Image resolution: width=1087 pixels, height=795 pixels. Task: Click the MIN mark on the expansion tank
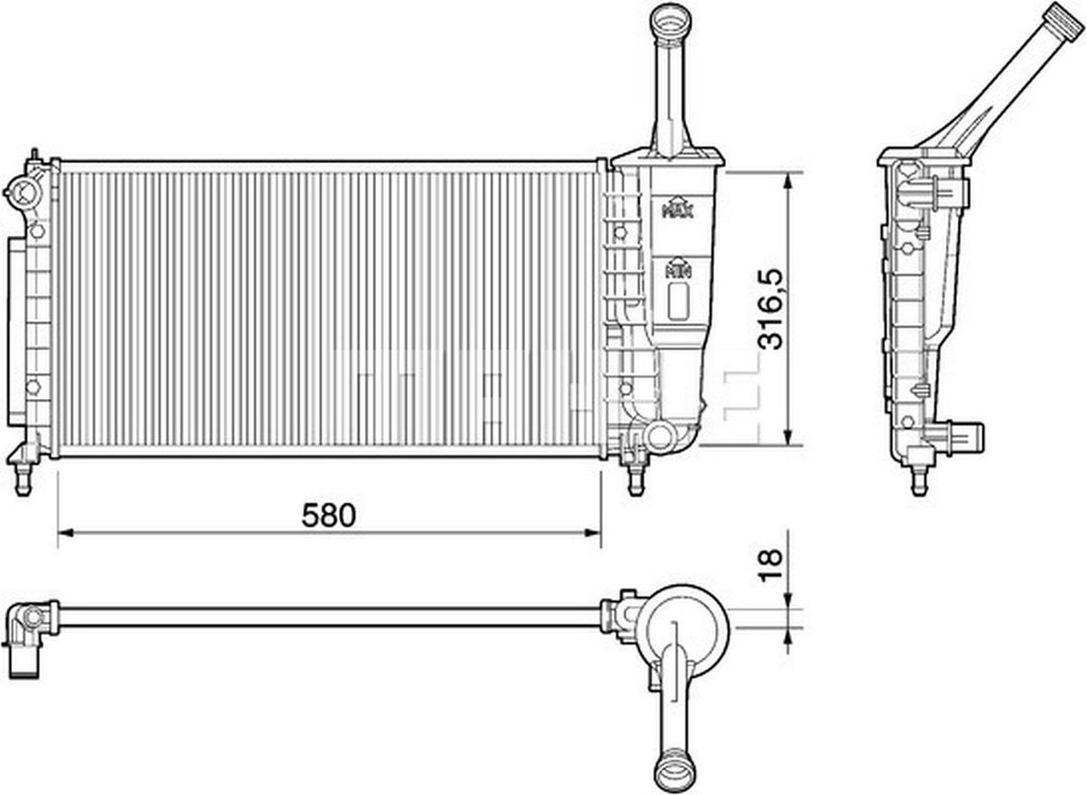pos(678,269)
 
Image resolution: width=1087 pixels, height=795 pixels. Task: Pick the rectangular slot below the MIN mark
pos(678,301)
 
